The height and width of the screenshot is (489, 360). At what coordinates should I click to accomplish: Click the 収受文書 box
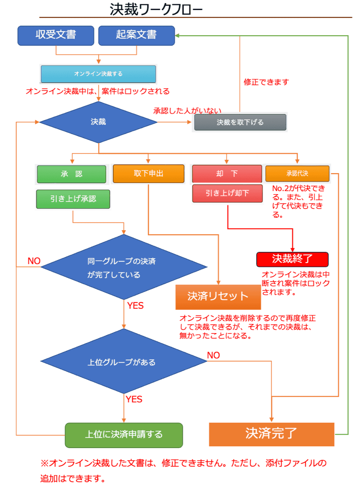click(x=56, y=35)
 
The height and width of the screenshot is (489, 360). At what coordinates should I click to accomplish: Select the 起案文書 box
click(x=136, y=35)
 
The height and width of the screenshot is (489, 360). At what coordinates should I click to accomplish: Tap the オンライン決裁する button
click(x=98, y=74)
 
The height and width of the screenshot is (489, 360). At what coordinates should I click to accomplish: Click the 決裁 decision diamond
click(x=98, y=122)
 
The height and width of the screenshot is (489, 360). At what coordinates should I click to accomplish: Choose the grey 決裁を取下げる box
click(x=240, y=123)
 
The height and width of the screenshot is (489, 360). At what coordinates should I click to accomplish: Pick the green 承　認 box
click(x=71, y=174)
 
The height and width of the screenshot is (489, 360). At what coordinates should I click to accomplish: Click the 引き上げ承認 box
click(x=73, y=199)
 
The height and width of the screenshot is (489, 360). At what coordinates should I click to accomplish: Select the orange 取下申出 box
click(x=149, y=173)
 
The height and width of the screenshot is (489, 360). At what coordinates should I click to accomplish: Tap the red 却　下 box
click(x=227, y=174)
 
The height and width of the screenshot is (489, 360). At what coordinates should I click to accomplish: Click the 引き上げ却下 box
click(x=228, y=193)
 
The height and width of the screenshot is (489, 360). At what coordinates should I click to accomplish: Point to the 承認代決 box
click(x=297, y=173)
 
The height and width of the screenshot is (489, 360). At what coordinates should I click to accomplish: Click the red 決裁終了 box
click(x=292, y=259)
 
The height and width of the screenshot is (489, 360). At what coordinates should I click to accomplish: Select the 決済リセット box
click(x=218, y=297)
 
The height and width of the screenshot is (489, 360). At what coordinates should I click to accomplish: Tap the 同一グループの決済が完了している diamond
click(x=124, y=267)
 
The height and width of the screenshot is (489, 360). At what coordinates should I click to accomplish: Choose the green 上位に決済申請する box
click(x=124, y=435)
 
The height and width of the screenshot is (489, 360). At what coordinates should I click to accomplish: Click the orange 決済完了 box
click(x=271, y=434)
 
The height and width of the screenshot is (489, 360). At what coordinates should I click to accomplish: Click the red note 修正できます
click(x=266, y=82)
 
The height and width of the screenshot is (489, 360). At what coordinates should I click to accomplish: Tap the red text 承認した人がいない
click(x=187, y=111)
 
